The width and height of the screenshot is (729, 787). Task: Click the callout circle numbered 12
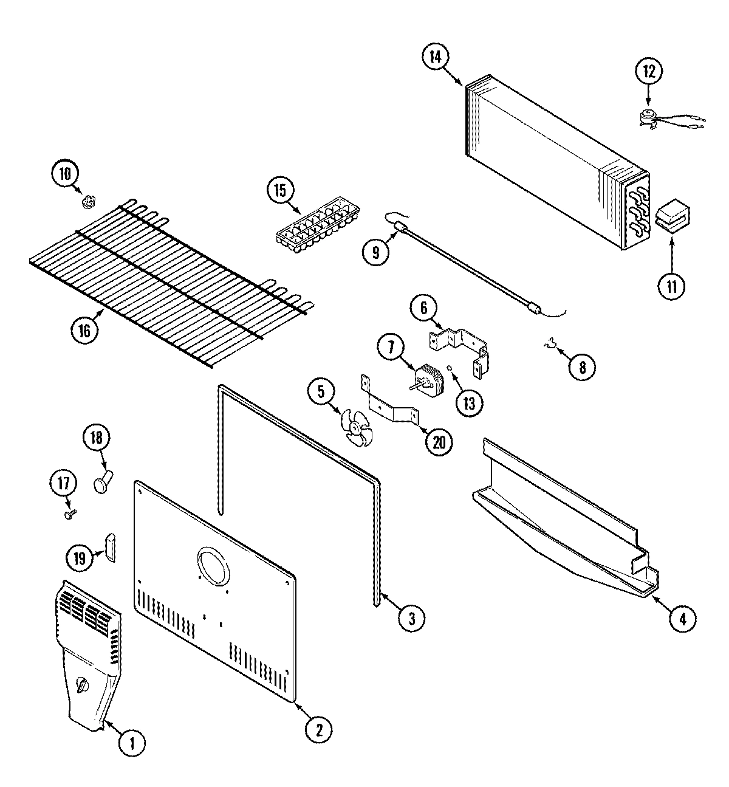click(x=648, y=71)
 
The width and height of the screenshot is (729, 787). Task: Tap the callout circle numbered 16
click(x=84, y=330)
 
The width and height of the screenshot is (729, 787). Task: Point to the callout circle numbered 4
click(x=682, y=619)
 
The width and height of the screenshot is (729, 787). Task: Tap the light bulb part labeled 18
click(x=101, y=483)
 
